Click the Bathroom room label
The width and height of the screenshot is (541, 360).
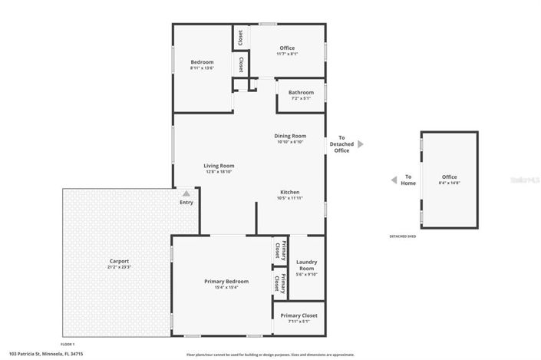[301, 92]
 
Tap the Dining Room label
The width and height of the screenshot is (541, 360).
[290, 136]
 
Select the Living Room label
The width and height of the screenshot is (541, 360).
[219, 165]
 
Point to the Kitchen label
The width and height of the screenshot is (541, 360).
[289, 192]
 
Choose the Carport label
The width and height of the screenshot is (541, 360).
[119, 261]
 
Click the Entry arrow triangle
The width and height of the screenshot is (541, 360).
[186, 193]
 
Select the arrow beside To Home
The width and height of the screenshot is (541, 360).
[394, 180]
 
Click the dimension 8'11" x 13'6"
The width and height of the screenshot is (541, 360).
[202, 68]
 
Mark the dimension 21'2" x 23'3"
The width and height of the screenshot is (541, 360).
[119, 267]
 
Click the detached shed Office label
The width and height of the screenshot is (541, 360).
[449, 177]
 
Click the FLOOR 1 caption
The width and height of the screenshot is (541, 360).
[68, 344]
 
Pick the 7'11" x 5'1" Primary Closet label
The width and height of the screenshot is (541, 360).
[299, 315]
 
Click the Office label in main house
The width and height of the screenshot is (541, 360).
[287, 48]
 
